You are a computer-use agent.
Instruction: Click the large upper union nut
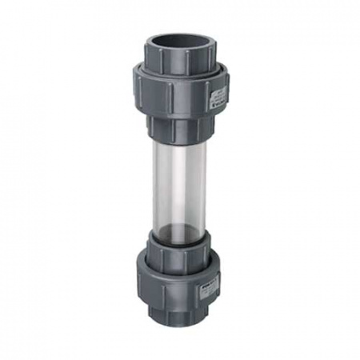tap(179, 91)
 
